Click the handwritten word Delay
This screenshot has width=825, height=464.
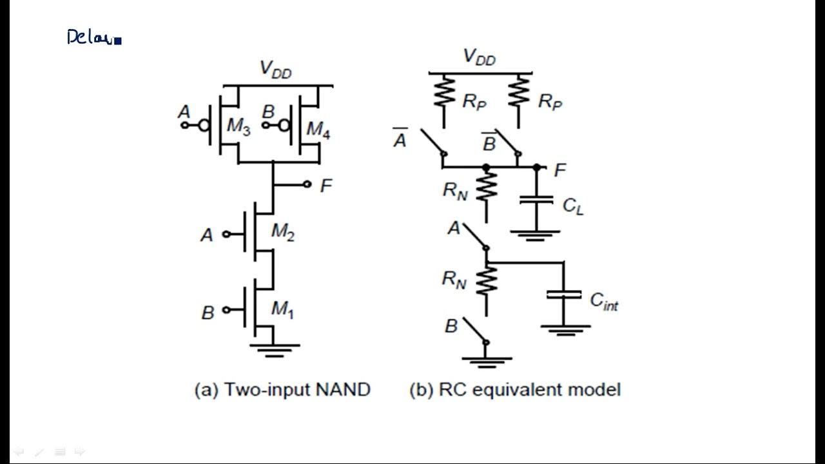[x=92, y=37]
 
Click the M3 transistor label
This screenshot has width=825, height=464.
[x=238, y=127]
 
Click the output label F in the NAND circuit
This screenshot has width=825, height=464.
[x=326, y=186]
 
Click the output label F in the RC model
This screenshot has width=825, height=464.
[x=560, y=170]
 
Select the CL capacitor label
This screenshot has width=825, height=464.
[x=572, y=206]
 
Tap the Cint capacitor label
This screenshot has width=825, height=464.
[x=604, y=301]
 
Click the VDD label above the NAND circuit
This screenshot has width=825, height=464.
[x=275, y=69]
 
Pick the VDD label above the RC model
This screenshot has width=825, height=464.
[x=480, y=57]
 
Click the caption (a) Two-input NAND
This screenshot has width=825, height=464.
[x=282, y=389]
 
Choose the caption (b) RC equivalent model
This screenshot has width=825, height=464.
[x=514, y=389]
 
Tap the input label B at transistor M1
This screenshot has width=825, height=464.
[x=208, y=313]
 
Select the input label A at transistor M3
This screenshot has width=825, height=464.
[x=184, y=113]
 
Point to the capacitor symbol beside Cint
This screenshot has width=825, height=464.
[x=563, y=295]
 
